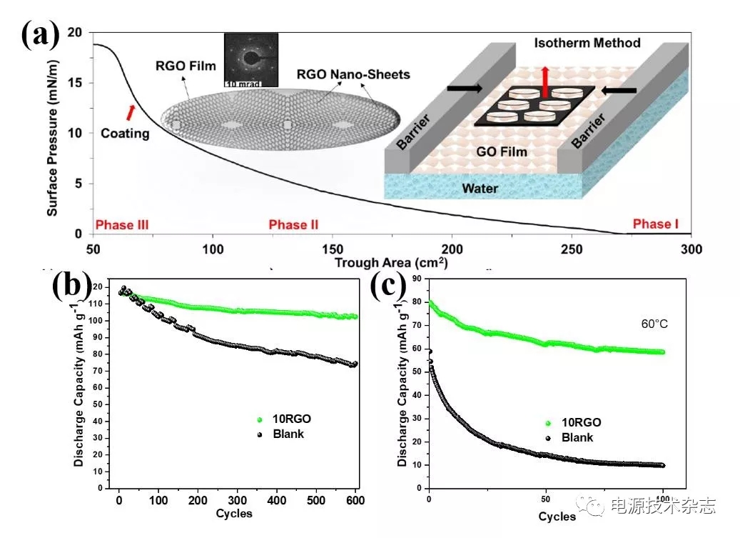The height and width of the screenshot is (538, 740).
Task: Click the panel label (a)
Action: tap(40, 33)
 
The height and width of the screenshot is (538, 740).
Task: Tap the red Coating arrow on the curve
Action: tap(130, 111)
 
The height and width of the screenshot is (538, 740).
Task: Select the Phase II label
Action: tap(293, 225)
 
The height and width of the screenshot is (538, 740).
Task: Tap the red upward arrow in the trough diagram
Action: tap(546, 79)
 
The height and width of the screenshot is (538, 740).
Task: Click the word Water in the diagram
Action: tap(480, 189)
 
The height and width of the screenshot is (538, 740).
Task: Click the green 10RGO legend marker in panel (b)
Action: tap(260, 420)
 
